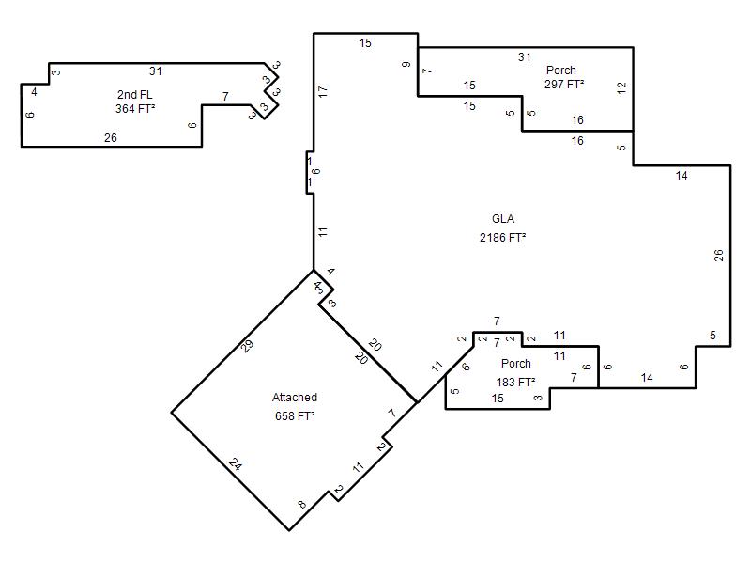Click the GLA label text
click(x=503, y=219)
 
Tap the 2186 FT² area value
click(x=503, y=238)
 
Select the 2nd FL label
click(x=134, y=95)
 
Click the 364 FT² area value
click(x=135, y=109)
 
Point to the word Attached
click(x=295, y=397)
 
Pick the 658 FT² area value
click(x=295, y=415)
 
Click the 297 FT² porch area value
click(x=564, y=85)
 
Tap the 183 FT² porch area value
click(x=515, y=383)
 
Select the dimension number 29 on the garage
click(x=247, y=346)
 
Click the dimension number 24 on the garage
click(x=236, y=463)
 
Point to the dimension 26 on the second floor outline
click(x=111, y=138)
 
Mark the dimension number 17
click(x=323, y=91)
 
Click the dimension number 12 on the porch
click(x=621, y=87)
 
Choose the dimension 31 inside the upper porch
click(x=525, y=57)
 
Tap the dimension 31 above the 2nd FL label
click(x=156, y=71)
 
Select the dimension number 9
click(x=406, y=64)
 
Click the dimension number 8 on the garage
click(x=301, y=504)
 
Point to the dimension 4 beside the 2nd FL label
click(x=34, y=91)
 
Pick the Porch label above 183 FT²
click(x=515, y=364)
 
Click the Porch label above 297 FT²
click(x=560, y=70)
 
